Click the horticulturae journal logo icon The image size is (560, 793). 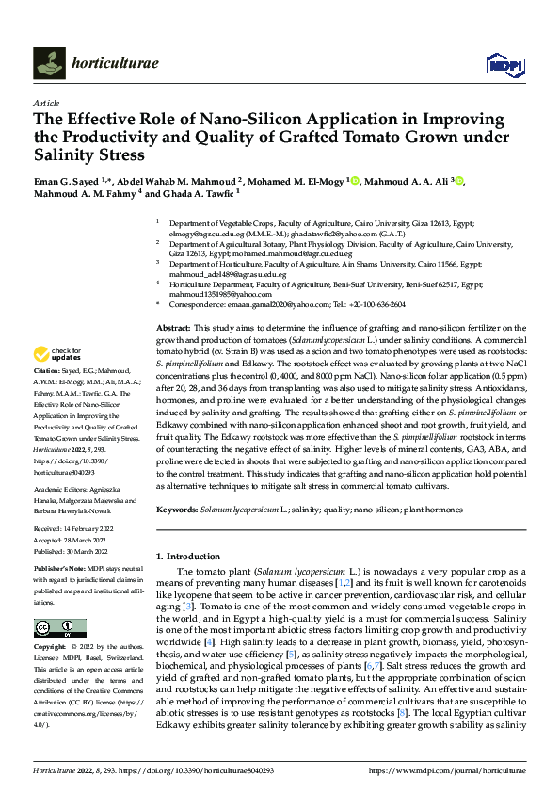point(50,63)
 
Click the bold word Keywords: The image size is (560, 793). point(177,509)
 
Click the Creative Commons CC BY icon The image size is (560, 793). point(59,628)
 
